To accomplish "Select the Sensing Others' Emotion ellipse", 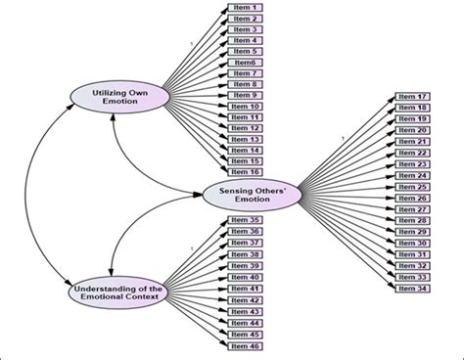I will click(248, 194).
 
